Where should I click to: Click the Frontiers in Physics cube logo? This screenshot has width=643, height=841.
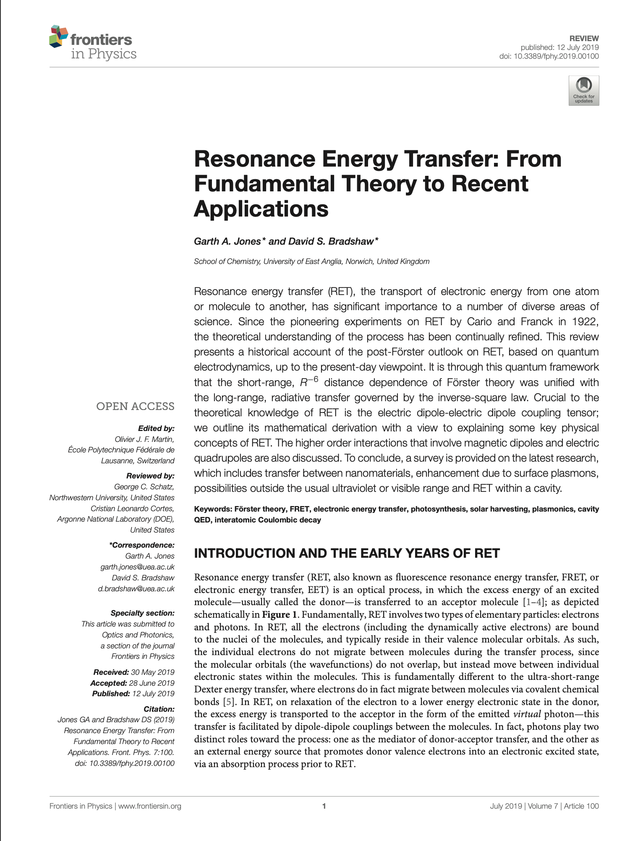tap(59, 37)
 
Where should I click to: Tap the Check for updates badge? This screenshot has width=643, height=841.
tap(583, 90)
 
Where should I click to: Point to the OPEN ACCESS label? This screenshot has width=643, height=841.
tap(135, 406)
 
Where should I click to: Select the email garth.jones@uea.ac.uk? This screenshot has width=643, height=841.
tap(137, 567)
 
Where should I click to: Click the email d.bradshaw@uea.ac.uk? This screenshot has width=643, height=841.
tap(136, 589)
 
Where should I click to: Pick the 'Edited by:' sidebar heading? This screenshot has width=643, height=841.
tap(156, 428)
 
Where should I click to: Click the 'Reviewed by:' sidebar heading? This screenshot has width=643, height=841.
tap(150, 476)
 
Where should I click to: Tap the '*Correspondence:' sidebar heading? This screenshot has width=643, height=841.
tap(141, 545)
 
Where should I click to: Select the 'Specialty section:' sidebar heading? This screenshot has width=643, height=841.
tap(142, 613)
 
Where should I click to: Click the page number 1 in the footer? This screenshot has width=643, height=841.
tap(324, 806)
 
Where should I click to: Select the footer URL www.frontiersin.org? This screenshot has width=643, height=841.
tap(150, 806)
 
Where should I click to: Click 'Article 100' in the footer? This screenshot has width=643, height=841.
tap(581, 806)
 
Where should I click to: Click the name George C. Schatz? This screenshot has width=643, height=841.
tap(144, 487)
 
